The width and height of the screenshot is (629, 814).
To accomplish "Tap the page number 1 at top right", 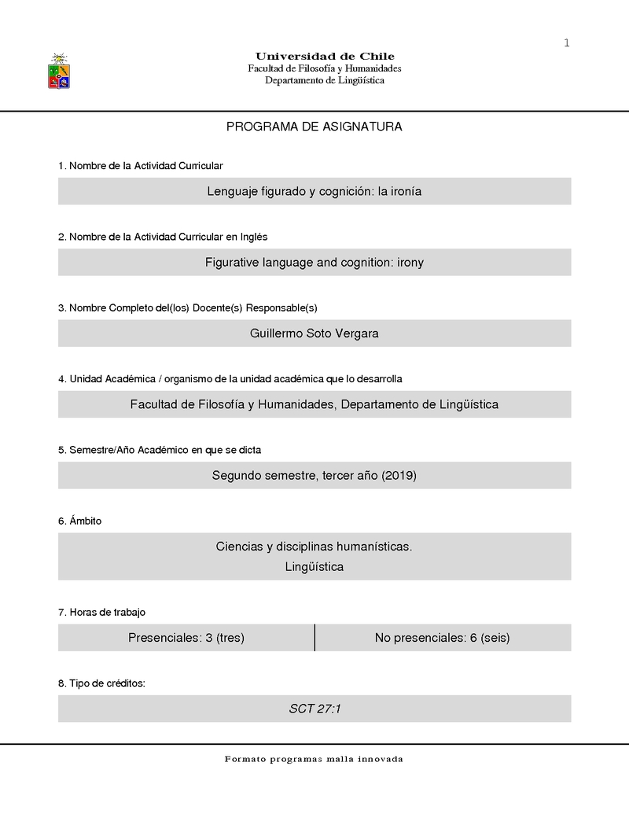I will [x=566, y=42].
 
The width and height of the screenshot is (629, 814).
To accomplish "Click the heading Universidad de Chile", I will [x=325, y=56].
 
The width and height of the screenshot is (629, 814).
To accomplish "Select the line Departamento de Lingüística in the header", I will [x=325, y=80].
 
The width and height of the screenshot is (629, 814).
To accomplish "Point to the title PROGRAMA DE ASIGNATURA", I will [x=314, y=127].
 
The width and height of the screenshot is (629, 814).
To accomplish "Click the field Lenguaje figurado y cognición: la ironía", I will [x=314, y=191].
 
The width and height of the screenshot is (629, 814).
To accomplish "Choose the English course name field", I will [x=314, y=262].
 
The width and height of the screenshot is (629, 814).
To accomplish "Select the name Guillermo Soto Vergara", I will [x=314, y=333].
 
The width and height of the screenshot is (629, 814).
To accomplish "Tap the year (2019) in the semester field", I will [x=399, y=475].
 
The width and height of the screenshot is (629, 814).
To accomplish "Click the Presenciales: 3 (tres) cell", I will [x=186, y=638].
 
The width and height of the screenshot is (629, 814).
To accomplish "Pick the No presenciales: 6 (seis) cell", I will [x=443, y=638].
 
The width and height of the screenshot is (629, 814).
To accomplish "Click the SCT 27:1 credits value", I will [x=314, y=709].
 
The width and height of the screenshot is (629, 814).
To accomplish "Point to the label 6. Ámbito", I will [x=79, y=521].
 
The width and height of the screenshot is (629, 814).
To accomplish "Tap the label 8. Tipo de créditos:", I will [x=101, y=683].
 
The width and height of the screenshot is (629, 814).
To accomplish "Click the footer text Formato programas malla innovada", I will [x=314, y=759].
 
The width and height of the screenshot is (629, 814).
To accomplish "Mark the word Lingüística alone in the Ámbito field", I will [x=314, y=566].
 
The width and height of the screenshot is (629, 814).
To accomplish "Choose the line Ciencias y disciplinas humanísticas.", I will [x=314, y=546].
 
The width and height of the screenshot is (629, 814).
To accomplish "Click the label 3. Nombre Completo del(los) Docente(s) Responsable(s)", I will [x=187, y=308].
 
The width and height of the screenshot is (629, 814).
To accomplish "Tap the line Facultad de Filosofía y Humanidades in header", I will [x=325, y=68].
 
